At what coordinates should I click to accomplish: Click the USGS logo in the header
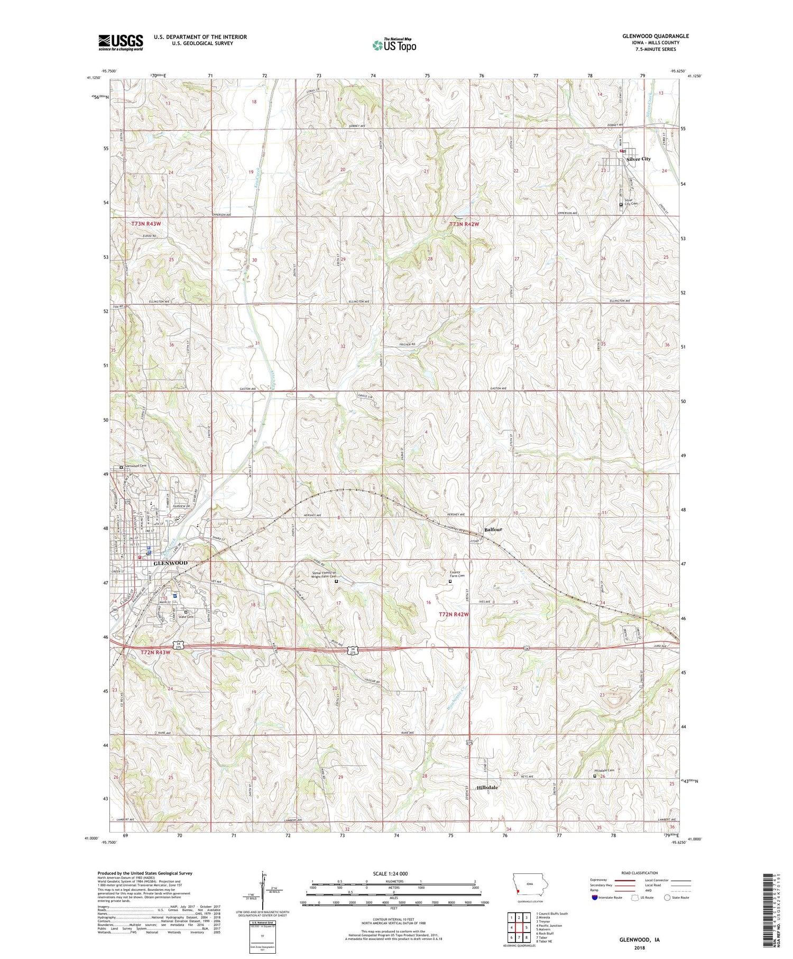point(121,42)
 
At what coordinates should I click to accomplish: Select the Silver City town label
point(638,159)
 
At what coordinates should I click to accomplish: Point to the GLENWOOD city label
point(170,563)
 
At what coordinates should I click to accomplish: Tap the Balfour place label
point(493,529)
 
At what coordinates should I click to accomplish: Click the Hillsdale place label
point(487,788)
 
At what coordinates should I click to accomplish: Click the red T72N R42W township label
point(454,615)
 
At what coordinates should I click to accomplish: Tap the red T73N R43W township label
point(146,224)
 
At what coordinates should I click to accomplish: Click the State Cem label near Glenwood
point(187,617)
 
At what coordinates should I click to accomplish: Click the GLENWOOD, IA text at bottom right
point(639,940)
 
